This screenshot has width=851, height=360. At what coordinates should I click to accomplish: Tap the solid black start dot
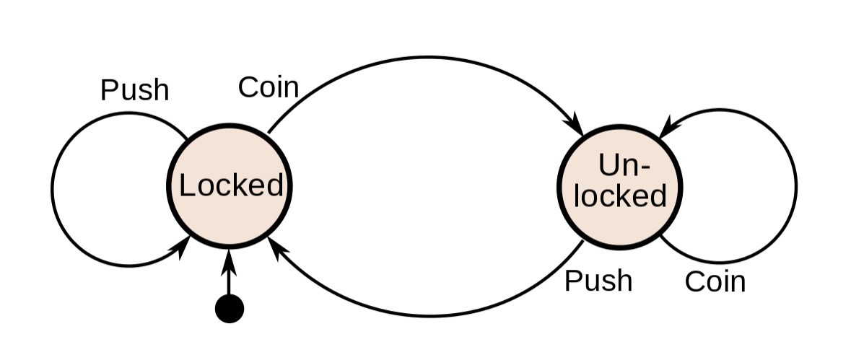coord(230,309)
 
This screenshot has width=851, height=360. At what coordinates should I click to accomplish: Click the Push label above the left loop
coord(135,90)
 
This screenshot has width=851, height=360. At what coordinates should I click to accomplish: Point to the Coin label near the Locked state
coord(269,87)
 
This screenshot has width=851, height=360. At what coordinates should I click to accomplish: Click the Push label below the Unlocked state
coord(598,281)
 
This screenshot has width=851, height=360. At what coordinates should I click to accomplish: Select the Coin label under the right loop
coord(715,282)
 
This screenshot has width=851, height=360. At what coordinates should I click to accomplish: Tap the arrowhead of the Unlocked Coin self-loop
coord(668,127)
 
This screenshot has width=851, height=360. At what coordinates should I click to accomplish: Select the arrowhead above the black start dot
coord(229,261)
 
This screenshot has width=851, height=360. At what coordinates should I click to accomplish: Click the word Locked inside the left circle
coord(231,185)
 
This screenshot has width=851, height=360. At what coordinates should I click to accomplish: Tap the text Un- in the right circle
coord(624,164)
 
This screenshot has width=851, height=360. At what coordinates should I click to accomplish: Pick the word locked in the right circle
coord(620,196)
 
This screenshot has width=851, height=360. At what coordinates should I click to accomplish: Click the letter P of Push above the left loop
coord(109,90)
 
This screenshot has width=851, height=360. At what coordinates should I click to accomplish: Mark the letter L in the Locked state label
coord(187,185)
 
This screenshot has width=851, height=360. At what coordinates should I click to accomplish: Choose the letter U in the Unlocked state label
coord(608,164)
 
